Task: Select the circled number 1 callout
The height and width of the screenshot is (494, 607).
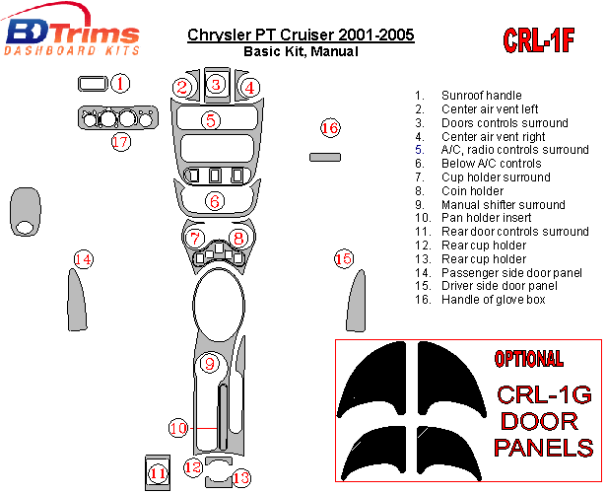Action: click(x=119, y=84)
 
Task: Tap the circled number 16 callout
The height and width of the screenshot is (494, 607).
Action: click(x=330, y=128)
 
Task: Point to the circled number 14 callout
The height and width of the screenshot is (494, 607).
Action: click(x=84, y=259)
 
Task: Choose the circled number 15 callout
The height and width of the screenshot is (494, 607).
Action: click(x=343, y=259)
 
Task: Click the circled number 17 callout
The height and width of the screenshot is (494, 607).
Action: click(x=120, y=142)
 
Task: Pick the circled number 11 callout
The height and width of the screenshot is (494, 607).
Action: click(x=158, y=474)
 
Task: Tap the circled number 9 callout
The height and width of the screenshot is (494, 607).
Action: click(x=209, y=364)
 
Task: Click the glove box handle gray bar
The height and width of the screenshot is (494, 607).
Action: click(x=325, y=157)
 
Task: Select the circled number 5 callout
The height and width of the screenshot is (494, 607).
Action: click(x=211, y=120)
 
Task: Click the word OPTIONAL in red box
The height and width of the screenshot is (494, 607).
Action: click(x=528, y=360)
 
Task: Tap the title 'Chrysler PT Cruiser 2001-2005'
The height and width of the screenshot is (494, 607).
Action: click(x=301, y=36)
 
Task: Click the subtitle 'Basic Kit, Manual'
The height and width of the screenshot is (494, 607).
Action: click(x=301, y=52)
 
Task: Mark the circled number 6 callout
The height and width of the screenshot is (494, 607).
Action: click(x=215, y=201)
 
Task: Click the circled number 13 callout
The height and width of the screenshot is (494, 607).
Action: click(x=240, y=476)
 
